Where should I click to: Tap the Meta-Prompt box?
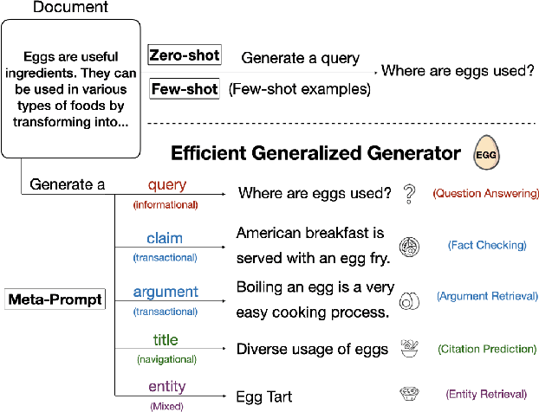click(x=55, y=300)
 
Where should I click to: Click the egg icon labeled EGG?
click(x=488, y=154)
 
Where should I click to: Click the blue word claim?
click(x=165, y=239)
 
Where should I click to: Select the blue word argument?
click(x=165, y=293)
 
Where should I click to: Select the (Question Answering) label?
click(x=485, y=194)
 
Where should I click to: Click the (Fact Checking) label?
click(x=487, y=245)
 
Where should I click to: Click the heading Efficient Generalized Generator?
click(x=315, y=154)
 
